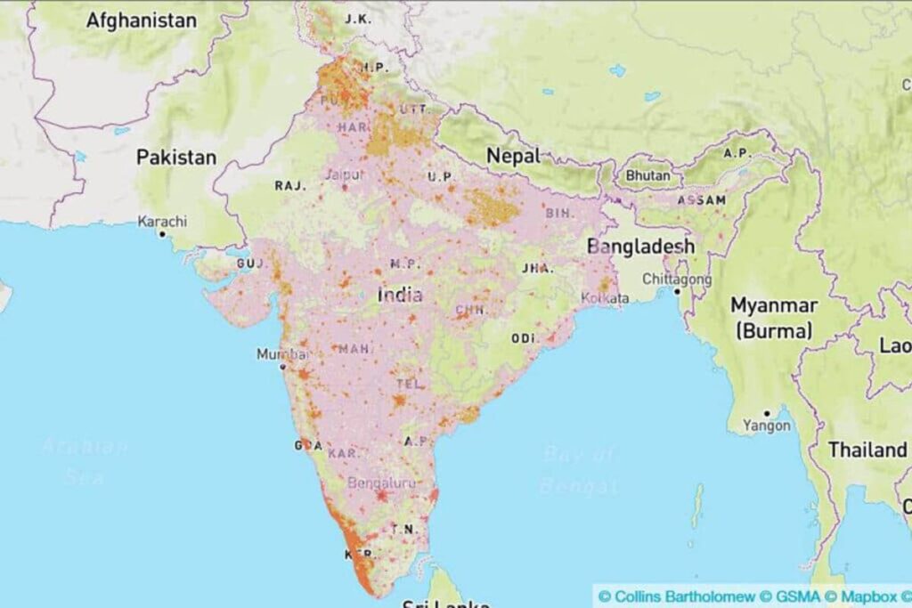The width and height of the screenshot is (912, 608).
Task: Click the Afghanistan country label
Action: click(142, 20)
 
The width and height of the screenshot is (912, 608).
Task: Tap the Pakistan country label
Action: click(176, 158)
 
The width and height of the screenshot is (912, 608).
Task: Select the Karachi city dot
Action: click(162, 234)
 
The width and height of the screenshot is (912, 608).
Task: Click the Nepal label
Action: click(513, 156)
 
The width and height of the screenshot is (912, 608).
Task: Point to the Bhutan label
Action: click(647, 176)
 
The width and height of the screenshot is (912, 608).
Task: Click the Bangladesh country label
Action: click(640, 246)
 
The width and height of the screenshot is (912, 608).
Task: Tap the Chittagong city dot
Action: click(677, 291)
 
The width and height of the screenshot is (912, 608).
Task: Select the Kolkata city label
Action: click(605, 298)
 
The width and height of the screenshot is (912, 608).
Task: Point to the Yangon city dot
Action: click(767, 414)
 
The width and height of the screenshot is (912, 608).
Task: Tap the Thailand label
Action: click(867, 450)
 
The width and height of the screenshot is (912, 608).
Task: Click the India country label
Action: click(400, 296)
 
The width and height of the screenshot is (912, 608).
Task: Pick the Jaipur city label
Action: click(346, 174)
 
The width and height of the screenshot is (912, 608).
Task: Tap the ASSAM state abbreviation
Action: click(701, 201)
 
